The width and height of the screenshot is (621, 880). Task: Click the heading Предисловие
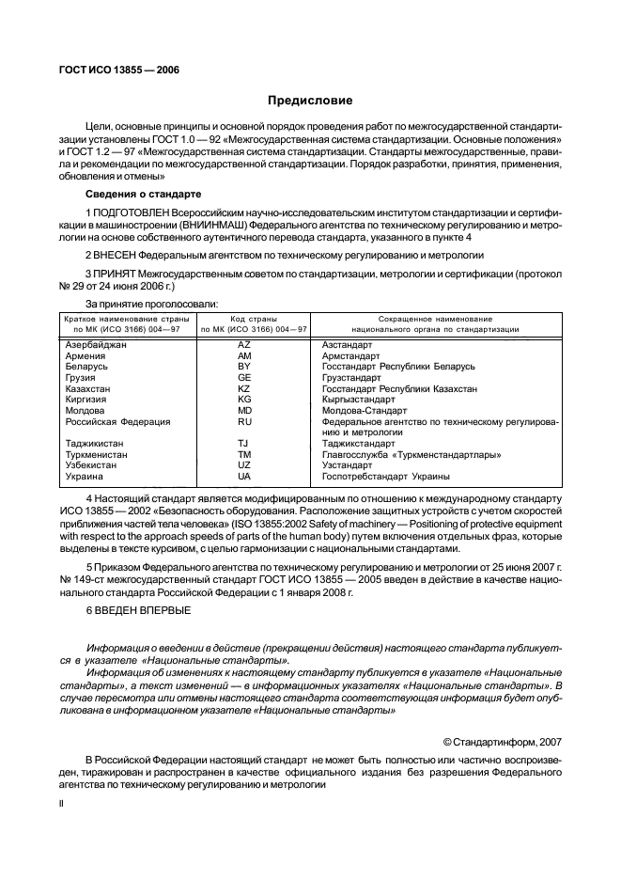pos(310,100)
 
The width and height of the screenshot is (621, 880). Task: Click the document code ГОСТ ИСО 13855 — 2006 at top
pos(119,70)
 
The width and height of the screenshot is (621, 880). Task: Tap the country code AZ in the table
pos(244,346)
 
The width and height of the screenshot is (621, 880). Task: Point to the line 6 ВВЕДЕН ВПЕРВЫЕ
pos(136,611)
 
